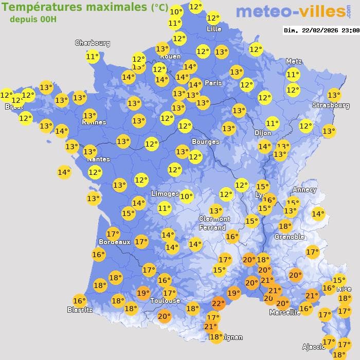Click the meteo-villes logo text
pyautogui.click(x=291, y=11)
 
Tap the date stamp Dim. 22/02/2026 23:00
pyautogui.click(x=321, y=30)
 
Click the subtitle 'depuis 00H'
pyautogui.click(x=33, y=20)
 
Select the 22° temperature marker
pyautogui.click(x=218, y=303)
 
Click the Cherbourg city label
pyautogui.click(x=93, y=43)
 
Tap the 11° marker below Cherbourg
pyautogui.click(x=93, y=57)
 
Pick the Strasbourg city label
pyautogui.click(x=331, y=105)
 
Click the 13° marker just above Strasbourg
pyautogui.click(x=334, y=95)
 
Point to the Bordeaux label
pyautogui.click(x=114, y=242)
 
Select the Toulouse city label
pyautogui.click(x=165, y=300)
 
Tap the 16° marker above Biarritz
pyautogui.click(x=79, y=301)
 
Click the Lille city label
pyautogui.click(x=213, y=29)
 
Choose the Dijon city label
pyautogui.click(x=262, y=133)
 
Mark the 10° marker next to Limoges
pyautogui.click(x=186, y=195)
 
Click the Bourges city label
pyautogui.click(x=205, y=141)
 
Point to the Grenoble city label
pyautogui.click(x=289, y=237)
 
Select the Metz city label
pyautogui.click(x=293, y=62)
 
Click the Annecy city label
pyautogui.click(x=304, y=190)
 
